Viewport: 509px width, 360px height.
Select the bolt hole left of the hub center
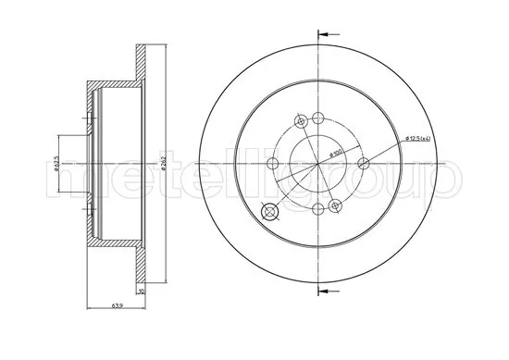tap(271, 164)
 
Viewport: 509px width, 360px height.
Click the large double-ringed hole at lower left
tap(271, 212)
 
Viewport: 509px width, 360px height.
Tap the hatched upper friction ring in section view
tap(143, 65)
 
